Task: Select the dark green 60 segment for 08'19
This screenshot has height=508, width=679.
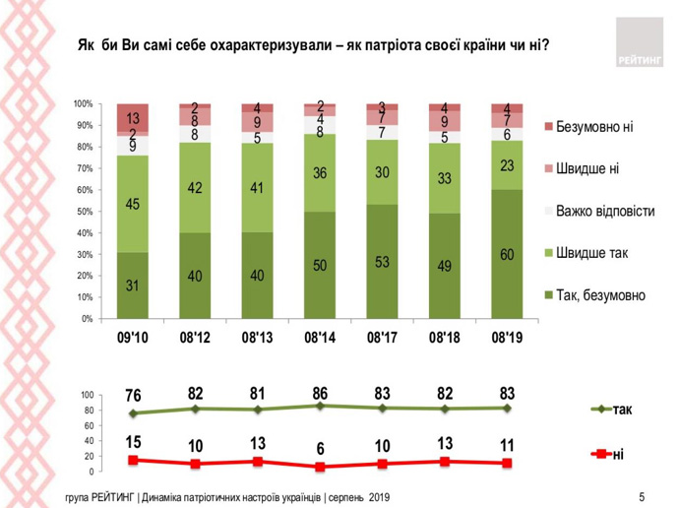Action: click(x=507, y=254)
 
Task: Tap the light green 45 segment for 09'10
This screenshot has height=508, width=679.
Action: click(x=132, y=205)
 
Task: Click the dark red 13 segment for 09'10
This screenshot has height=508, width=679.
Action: click(x=132, y=117)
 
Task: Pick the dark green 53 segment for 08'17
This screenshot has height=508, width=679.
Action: click(x=382, y=261)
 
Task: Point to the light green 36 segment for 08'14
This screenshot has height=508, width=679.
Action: click(x=320, y=172)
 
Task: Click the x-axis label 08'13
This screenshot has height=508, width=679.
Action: click(x=257, y=338)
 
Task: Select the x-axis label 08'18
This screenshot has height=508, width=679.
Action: click(x=445, y=338)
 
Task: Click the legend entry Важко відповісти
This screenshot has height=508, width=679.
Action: click(x=605, y=211)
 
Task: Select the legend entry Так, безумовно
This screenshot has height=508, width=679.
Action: click(x=600, y=294)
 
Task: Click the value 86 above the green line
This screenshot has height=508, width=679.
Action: click(x=320, y=393)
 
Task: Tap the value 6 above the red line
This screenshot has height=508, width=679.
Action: click(x=320, y=448)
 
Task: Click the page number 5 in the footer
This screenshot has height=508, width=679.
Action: click(x=641, y=495)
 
